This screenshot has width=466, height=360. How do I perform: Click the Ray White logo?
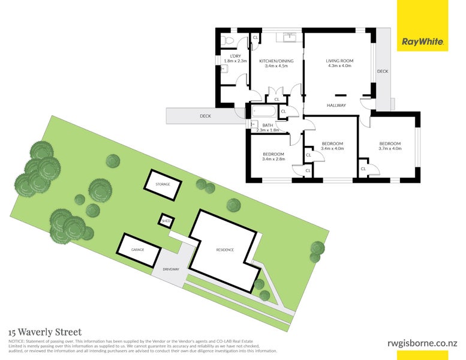click(x=423, y=42)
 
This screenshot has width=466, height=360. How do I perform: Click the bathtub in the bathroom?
click(x=263, y=111)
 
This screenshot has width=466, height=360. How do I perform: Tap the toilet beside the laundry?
click(x=227, y=40)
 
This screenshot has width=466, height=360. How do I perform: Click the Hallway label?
click(x=336, y=106)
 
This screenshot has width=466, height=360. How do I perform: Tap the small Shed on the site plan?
click(x=166, y=221)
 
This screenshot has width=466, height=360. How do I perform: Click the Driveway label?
click(x=170, y=269)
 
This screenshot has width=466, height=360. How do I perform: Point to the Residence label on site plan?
click(x=225, y=250)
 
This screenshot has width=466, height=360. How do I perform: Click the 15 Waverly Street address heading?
click(x=45, y=331)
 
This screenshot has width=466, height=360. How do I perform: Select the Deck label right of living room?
click(x=383, y=71)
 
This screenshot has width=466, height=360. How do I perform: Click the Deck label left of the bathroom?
click(x=205, y=116)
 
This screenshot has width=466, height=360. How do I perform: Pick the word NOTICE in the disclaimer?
click(x=16, y=341)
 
